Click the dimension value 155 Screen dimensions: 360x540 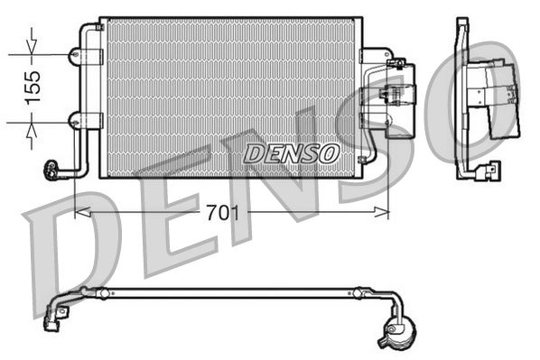click(x=33, y=88)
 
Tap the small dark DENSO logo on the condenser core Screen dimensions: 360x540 click(x=291, y=153)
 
